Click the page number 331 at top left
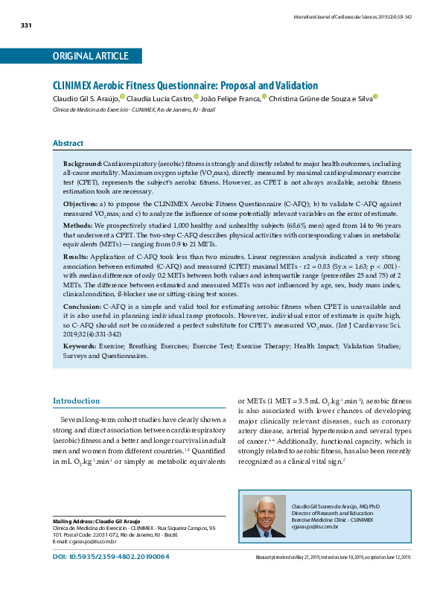coord(25,26)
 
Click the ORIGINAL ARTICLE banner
coord(90,57)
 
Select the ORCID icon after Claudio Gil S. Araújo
coord(122,97)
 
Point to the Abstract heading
coord(68,143)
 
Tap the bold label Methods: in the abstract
coord(77,224)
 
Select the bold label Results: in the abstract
coord(77,255)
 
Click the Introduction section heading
coord(76,401)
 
